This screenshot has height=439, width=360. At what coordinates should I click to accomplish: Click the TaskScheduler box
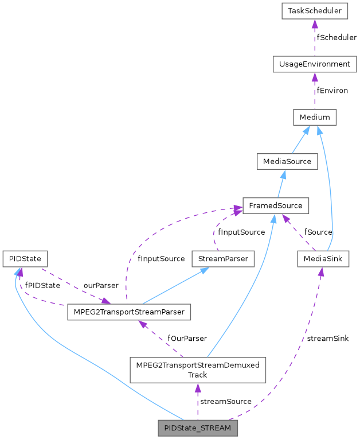[315, 11]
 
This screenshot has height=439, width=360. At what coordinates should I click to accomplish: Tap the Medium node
[315, 118]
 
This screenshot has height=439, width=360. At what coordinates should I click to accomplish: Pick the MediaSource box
[287, 161]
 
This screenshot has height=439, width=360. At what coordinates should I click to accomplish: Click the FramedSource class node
[276, 205]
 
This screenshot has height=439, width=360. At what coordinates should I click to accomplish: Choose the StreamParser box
[222, 259]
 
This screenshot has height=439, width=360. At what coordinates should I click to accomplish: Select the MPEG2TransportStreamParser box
[129, 312]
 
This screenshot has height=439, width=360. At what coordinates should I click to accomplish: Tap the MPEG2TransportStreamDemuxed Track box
[197, 370]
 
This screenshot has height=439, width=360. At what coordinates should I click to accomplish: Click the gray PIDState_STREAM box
[197, 428]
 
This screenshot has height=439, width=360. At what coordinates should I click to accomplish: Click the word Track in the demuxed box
[197, 375]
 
